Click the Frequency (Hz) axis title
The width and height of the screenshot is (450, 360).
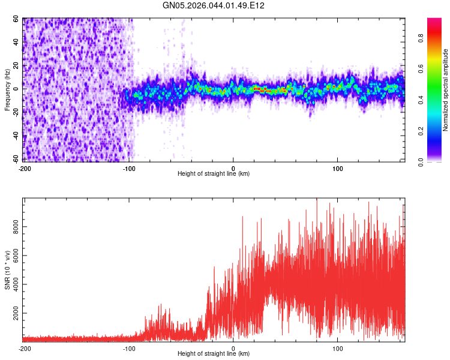(x=7, y=90)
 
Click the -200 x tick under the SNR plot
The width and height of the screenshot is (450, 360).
(x=24, y=348)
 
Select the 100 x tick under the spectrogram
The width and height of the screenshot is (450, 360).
(x=337, y=168)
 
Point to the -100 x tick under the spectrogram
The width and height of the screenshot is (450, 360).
(x=128, y=168)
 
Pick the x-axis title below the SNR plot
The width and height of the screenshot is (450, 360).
(x=214, y=354)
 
